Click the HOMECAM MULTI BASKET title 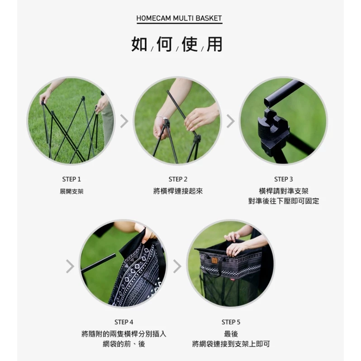click(180, 19)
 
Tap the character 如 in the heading click(139, 45)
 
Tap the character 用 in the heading click(214, 45)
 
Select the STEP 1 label click(71, 179)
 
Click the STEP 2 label click(178, 179)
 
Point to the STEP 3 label click(283, 179)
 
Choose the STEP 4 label click(124, 322)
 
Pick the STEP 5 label click(231, 322)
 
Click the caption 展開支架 click(71, 191)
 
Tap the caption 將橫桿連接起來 click(178, 191)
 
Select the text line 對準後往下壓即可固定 click(283, 201)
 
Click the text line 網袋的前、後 click(124, 344)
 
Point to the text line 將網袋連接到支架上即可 click(231, 344)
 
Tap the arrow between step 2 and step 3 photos click(230, 121)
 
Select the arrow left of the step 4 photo click(70, 266)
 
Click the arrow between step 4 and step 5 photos click(177, 266)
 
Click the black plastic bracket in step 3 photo click(271, 127)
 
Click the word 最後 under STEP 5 click(231, 334)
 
